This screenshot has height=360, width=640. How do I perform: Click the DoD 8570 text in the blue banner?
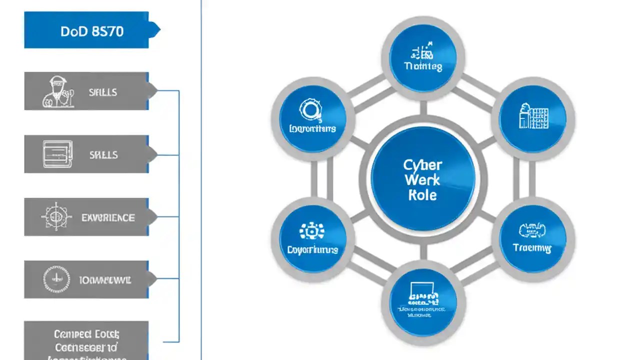click(x=92, y=31)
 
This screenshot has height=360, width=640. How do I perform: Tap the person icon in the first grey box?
click(x=58, y=92)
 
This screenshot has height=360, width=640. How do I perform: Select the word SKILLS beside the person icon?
click(x=103, y=92)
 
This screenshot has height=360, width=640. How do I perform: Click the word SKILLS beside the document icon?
click(x=103, y=155)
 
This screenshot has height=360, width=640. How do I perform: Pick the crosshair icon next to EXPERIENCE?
click(x=55, y=216)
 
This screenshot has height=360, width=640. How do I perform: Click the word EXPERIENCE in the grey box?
click(x=108, y=217)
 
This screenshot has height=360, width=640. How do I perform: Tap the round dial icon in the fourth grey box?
click(x=54, y=279)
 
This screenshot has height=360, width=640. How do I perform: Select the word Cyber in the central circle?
click(x=423, y=165)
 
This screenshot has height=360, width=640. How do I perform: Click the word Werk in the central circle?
click(x=422, y=180)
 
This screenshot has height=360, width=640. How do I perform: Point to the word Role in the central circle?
click(x=422, y=195)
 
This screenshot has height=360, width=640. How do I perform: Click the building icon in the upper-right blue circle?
click(x=533, y=115)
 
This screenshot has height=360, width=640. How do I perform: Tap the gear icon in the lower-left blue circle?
click(x=312, y=231)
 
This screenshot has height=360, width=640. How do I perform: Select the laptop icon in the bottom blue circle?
click(x=423, y=292)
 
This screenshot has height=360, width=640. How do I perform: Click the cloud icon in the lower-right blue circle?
click(x=533, y=230)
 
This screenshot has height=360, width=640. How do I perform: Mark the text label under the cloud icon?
click(x=532, y=247)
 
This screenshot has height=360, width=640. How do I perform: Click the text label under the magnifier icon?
click(x=312, y=128)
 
